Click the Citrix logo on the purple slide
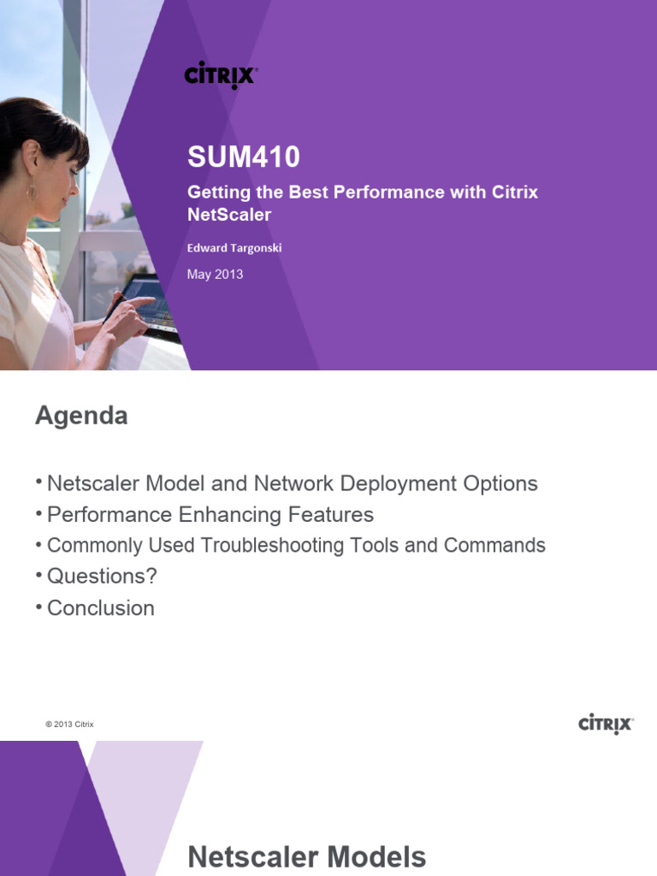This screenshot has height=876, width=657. [221, 74]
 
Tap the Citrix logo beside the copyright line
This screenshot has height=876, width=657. [606, 725]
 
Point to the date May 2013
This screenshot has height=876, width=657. [215, 275]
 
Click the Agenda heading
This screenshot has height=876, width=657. [81, 416]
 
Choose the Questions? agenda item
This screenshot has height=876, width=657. [102, 577]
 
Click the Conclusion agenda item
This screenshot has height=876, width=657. [101, 608]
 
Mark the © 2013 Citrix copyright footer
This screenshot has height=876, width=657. [69, 725]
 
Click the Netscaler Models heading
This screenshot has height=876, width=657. [306, 857]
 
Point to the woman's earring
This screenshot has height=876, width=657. [32, 191]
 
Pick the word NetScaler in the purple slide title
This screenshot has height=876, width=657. [228, 215]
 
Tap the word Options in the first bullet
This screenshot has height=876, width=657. [500, 483]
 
